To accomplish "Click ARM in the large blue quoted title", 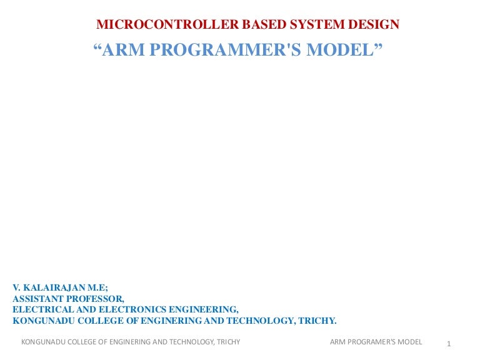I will pyautogui.click(x=124, y=51).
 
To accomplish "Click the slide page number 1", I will pyautogui.click(x=449, y=344).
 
